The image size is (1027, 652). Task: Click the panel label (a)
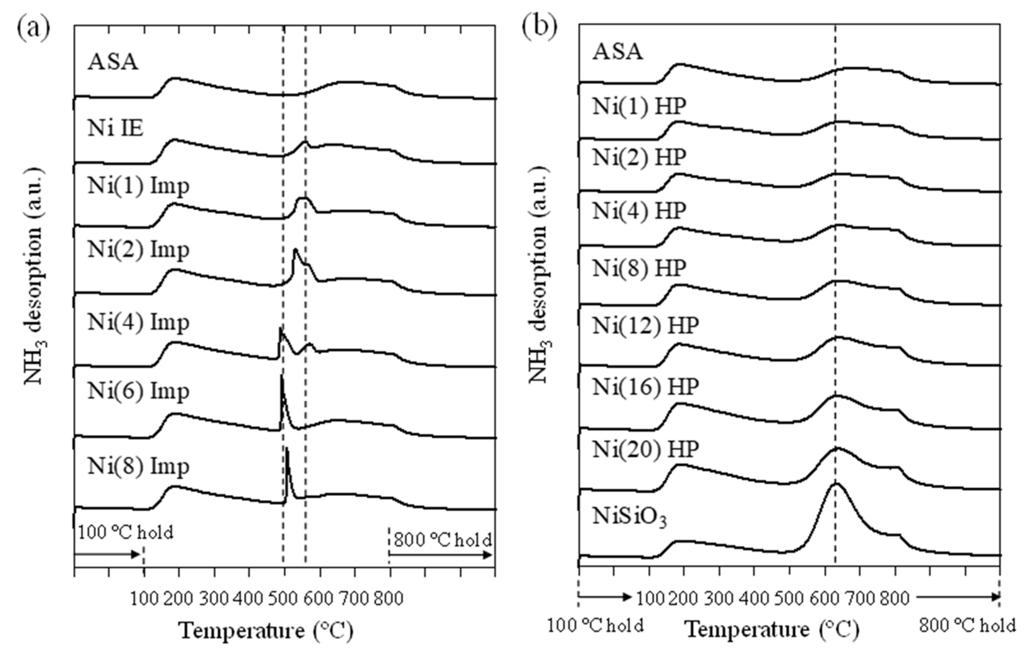click(33, 28)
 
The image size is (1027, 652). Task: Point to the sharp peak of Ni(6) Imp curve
click(281, 376)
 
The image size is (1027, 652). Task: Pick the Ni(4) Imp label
click(138, 322)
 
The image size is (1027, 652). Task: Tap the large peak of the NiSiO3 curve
click(836, 484)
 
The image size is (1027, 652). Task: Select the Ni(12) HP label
click(645, 326)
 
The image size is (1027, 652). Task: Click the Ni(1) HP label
click(639, 106)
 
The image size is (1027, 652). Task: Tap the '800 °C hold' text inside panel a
click(443, 540)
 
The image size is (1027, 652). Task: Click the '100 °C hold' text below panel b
click(595, 626)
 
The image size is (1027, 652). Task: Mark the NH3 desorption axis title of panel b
click(538, 275)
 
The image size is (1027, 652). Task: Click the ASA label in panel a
click(113, 62)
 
